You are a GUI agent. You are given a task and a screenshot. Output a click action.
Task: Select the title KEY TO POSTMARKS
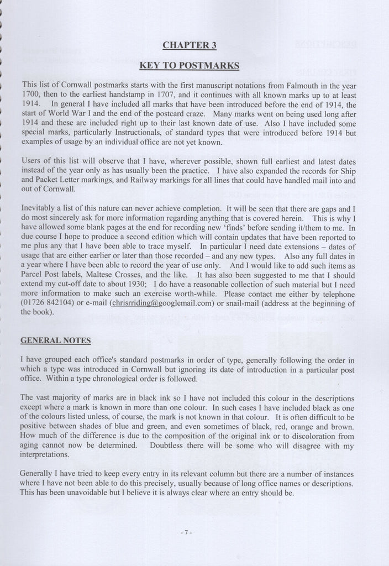(189, 66)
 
